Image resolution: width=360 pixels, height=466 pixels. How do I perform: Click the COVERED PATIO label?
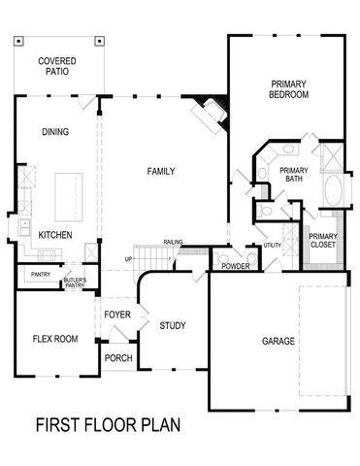coord(57,66)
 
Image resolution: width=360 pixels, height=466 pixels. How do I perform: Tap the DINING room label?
coord(54,132)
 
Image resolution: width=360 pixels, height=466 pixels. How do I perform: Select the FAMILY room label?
coord(161,172)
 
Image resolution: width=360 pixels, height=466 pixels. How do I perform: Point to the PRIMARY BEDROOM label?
coord(289,90)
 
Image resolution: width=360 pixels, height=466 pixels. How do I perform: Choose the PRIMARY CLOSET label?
coord(322,241)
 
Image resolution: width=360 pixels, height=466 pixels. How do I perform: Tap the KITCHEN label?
coord(54,236)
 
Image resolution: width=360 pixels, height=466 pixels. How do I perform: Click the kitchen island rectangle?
coord(68,197)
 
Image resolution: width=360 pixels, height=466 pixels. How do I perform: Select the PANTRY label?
coord(40,275)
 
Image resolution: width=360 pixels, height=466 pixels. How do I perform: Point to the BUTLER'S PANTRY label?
coord(75,283)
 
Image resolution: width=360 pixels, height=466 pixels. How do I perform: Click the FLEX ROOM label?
coord(54,339)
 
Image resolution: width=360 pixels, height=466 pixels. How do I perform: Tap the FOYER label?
coord(117,315)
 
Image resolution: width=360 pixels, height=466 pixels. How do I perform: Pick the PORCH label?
coord(118,358)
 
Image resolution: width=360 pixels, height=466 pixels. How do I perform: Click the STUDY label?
coord(173,326)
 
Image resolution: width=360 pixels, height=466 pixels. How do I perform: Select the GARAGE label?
coord(278,342)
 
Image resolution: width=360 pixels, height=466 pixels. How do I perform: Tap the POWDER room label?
coord(236,266)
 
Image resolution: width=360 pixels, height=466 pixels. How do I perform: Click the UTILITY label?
coord(273,246)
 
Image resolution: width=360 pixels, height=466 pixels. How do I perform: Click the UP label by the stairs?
coord(128,258)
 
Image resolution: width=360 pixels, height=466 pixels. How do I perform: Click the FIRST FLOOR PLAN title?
coord(108,425)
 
